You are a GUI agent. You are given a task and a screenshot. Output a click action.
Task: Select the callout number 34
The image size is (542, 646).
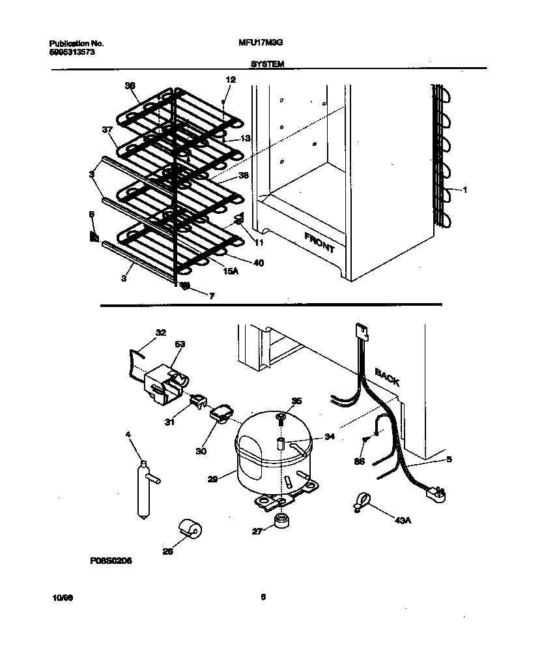tap(330, 437)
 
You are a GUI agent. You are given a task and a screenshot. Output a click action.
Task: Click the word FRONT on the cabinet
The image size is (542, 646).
tap(319, 242)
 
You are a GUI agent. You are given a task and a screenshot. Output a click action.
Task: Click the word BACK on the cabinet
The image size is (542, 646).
tap(386, 377)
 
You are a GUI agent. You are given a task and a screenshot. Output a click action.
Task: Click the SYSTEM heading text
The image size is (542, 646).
tap(266, 65)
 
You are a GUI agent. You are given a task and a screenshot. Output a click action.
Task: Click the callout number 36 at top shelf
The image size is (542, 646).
tap(130, 85)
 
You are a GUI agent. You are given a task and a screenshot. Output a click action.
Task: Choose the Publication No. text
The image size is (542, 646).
tap(77, 44)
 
